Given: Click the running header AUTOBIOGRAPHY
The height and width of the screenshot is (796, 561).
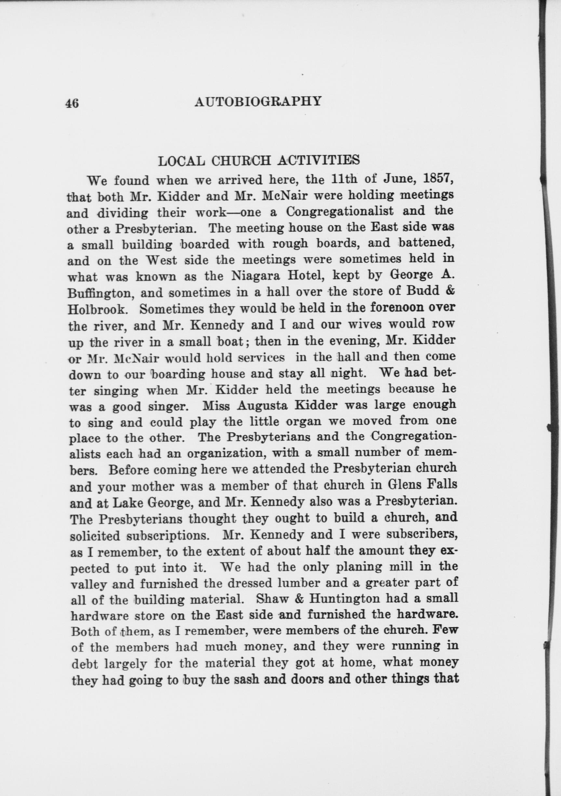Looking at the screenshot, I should click(x=258, y=101).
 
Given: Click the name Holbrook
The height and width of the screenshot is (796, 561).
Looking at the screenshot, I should click(x=96, y=309).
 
